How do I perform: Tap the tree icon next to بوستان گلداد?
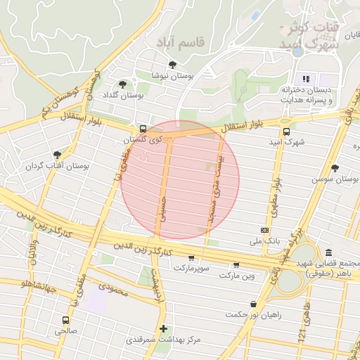123,84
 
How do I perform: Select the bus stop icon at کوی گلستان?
143,129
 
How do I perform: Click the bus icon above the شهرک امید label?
286,131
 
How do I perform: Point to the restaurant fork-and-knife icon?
306,78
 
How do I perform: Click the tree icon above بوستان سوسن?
334,168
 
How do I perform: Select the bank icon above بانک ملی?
264,230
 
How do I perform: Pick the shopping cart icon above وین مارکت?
236,265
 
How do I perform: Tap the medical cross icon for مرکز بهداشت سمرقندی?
163,328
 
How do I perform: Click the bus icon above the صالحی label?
65,319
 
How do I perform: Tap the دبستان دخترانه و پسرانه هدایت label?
307,95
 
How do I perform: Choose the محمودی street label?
113,287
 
